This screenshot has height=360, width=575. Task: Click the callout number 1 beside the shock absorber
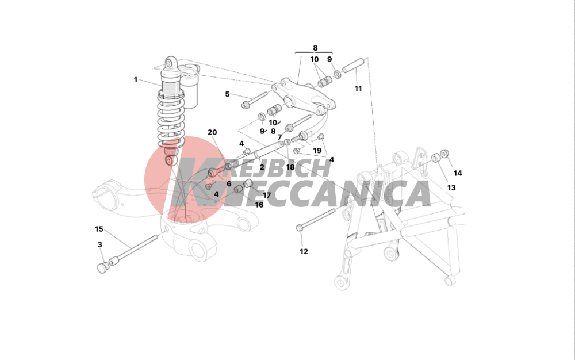tap(135, 79)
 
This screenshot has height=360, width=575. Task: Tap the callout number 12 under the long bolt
tap(304, 251)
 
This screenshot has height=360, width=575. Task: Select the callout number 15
tap(99, 229)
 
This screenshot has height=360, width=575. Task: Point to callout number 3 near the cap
tap(99, 244)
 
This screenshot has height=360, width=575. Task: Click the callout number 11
tap(358, 89)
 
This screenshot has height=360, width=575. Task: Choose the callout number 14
tap(458, 173)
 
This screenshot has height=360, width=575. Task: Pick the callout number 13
tap(451, 187)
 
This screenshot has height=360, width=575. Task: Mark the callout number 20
tap(212, 132)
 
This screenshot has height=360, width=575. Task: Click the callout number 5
tap(227, 94)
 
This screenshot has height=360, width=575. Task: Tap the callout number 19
tap(317, 151)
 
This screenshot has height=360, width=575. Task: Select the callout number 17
tap(267, 196)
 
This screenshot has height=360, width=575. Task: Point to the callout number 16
tap(259, 205)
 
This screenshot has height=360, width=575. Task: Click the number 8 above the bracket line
tap(315, 48)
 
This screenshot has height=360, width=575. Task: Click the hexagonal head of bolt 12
tap(299, 228)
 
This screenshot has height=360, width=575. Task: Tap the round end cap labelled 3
tap(102, 267)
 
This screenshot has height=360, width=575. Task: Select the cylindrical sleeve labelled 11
tap(352, 65)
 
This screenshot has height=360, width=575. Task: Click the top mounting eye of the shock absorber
tap(170, 63)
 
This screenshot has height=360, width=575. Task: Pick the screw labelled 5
tap(254, 99)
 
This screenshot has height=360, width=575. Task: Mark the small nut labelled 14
tap(445, 153)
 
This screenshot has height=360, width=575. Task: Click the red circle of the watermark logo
tap(179, 175)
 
